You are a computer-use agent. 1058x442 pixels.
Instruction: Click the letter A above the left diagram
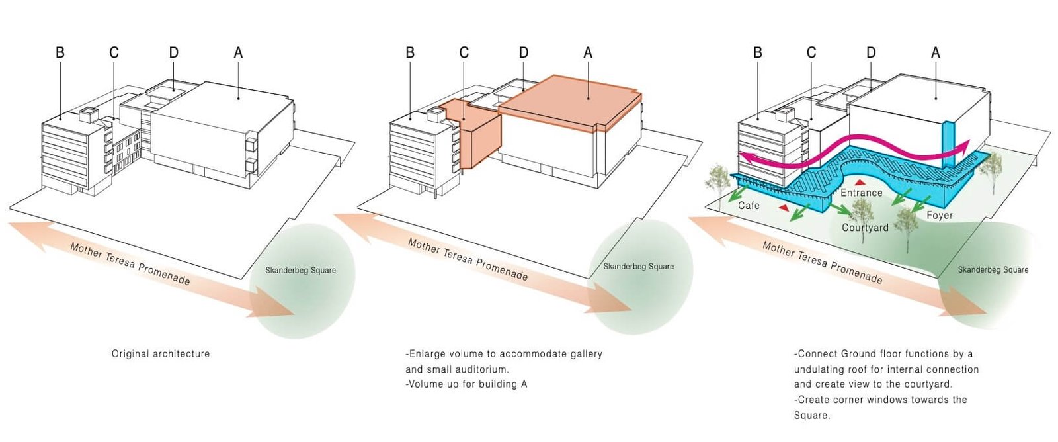pyautogui.click(x=238, y=52)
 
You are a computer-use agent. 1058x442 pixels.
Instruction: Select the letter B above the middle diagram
pyautogui.click(x=410, y=52)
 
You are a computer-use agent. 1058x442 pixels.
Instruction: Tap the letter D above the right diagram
pyautogui.click(x=871, y=52)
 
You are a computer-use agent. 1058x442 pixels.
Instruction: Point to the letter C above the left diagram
pyautogui.click(x=114, y=52)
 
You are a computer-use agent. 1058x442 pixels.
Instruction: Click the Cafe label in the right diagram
pyautogui.click(x=749, y=206)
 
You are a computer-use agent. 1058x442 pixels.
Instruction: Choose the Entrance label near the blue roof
pyautogui.click(x=861, y=193)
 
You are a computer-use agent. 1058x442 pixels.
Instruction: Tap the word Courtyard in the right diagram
pyautogui.click(x=865, y=228)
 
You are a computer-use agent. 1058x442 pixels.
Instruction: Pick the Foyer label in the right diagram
pyautogui.click(x=940, y=216)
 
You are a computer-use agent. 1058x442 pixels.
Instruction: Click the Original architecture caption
pyautogui.click(x=161, y=354)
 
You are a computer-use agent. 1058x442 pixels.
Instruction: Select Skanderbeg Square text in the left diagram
pyautogui.click(x=300, y=270)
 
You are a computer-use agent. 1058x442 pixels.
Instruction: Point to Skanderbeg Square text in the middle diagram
pyautogui.click(x=638, y=267)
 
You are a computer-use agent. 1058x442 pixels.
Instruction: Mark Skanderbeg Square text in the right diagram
pyautogui.click(x=993, y=270)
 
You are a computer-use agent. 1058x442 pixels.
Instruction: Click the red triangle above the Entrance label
pyautogui.click(x=860, y=182)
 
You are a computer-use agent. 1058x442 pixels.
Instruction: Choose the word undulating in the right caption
pyautogui.click(x=823, y=369)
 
